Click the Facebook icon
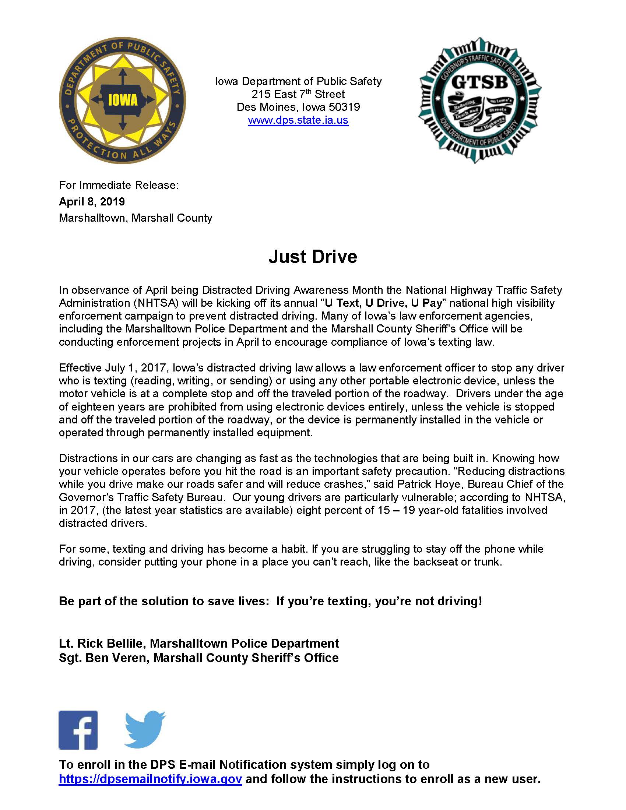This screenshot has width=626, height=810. [78, 730]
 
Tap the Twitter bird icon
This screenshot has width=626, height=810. [145, 729]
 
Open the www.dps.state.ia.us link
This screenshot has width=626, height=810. [298, 120]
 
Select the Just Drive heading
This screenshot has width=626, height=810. [313, 257]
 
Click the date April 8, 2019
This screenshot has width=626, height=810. [92, 202]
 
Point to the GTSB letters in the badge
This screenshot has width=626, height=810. [479, 83]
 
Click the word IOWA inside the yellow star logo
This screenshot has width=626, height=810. [122, 101]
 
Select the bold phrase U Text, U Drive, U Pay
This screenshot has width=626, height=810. [383, 303]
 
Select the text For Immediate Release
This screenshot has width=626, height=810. [119, 185]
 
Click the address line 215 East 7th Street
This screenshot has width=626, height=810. [298, 94]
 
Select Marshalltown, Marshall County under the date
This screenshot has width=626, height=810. [136, 218]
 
